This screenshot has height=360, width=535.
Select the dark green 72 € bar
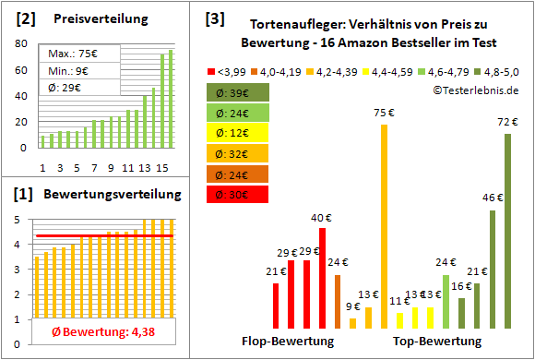tap(507, 231)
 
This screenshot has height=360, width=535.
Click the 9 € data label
tap(353, 306)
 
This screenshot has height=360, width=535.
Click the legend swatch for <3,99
tap(213, 70)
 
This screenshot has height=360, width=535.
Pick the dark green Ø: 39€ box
tap(237, 92)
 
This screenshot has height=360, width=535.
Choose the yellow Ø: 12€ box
tap(237, 133)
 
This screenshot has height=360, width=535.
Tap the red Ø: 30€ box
tap(237, 194)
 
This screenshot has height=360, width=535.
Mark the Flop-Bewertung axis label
tap(287, 341)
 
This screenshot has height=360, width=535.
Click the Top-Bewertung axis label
tap(437, 341)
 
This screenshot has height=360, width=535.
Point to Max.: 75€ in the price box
tap(69, 54)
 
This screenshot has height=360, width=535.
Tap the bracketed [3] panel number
tap(214, 18)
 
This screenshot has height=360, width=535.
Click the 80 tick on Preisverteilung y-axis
tap(21, 42)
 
